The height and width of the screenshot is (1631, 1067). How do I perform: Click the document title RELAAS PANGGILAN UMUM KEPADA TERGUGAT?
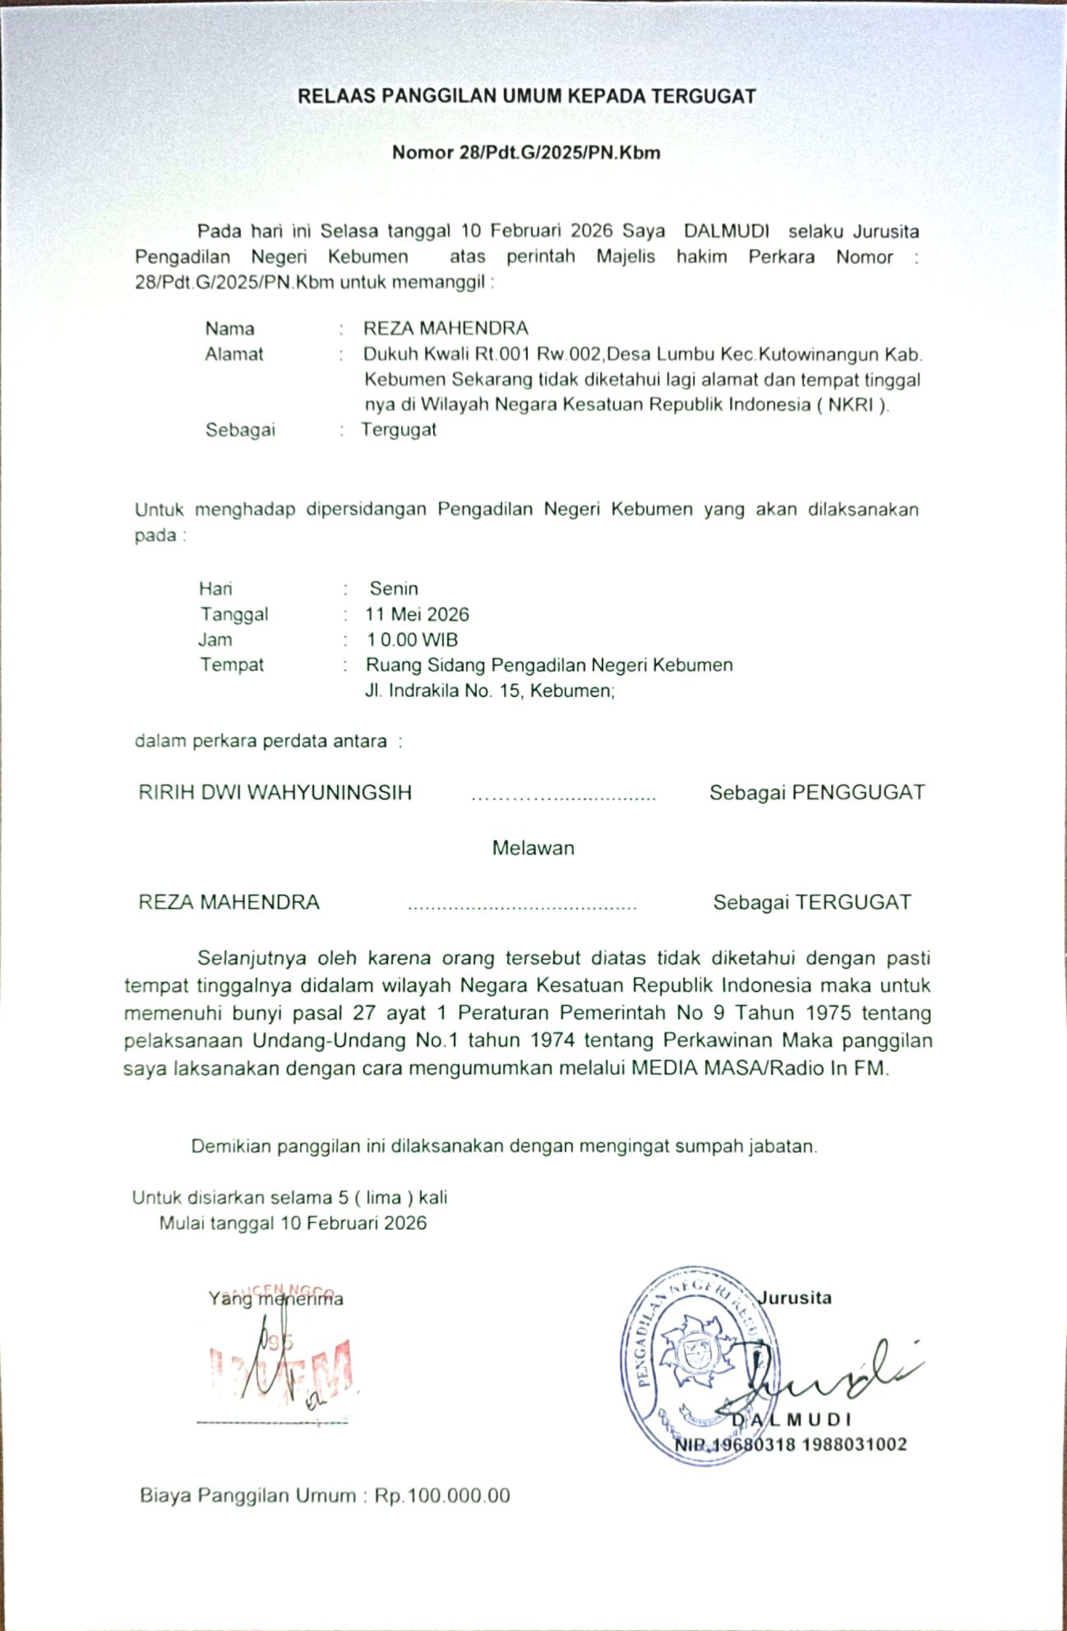coord(526,96)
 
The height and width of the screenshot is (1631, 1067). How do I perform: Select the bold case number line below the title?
coord(526,152)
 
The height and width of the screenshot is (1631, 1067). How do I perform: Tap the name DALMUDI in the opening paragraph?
coord(726,231)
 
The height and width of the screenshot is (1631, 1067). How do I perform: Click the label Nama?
coord(229,329)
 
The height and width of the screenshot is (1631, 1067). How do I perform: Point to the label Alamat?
coord(234,354)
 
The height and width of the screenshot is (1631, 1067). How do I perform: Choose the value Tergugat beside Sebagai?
coord(399,429)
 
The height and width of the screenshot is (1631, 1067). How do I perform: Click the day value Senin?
coord(394,589)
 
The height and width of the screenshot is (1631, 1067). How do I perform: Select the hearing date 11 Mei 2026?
coord(417,614)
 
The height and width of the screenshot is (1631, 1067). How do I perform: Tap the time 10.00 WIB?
coord(412,640)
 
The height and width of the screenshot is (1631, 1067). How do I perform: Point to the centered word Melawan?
coord(533,848)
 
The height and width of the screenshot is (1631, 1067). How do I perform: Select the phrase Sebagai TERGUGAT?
coord(812,902)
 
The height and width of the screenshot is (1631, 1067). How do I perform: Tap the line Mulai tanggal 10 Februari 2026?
coord(292,1223)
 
